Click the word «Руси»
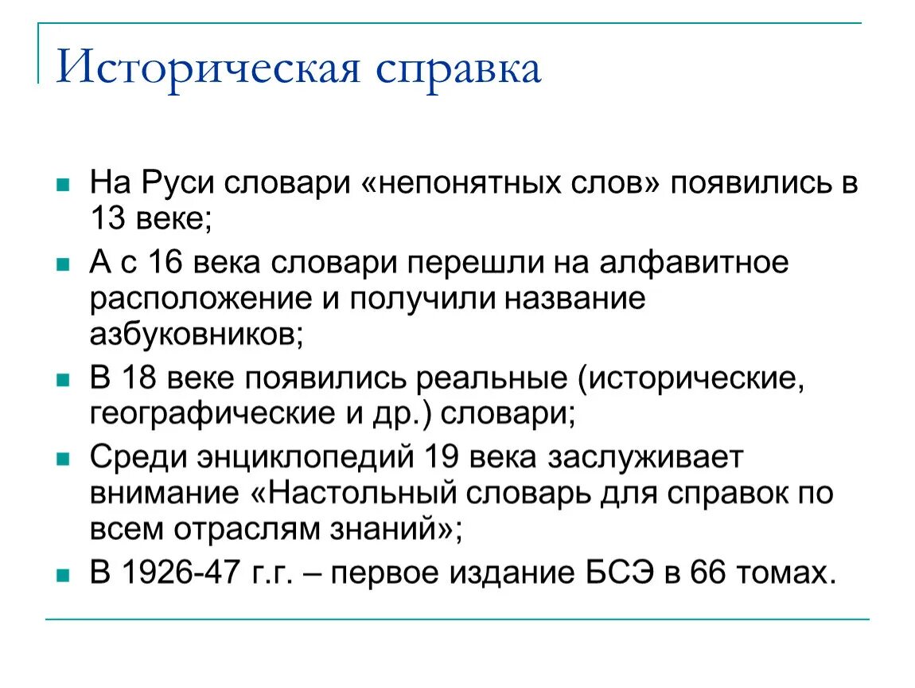click(171, 183)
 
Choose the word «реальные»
click(493, 378)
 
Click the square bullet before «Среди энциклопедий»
click(62, 458)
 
